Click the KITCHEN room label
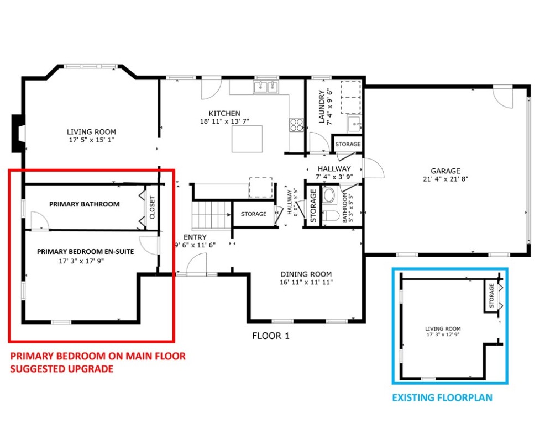click(x=224, y=114)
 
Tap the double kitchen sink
click(x=266, y=87)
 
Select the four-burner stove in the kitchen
click(x=296, y=125)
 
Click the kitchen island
click(x=247, y=139)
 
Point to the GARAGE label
click(x=446, y=171)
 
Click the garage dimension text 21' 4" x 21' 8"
click(x=446, y=179)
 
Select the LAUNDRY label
click(x=321, y=107)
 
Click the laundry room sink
click(x=354, y=124)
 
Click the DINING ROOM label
click(x=306, y=274)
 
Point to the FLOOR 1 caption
click(x=271, y=336)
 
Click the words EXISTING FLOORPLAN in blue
click(x=442, y=397)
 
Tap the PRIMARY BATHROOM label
click(x=84, y=204)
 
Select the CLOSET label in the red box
click(x=152, y=208)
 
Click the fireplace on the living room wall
click(x=18, y=134)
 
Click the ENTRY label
click(x=195, y=237)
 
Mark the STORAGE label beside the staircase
click(x=254, y=214)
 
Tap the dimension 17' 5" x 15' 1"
click(x=92, y=140)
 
